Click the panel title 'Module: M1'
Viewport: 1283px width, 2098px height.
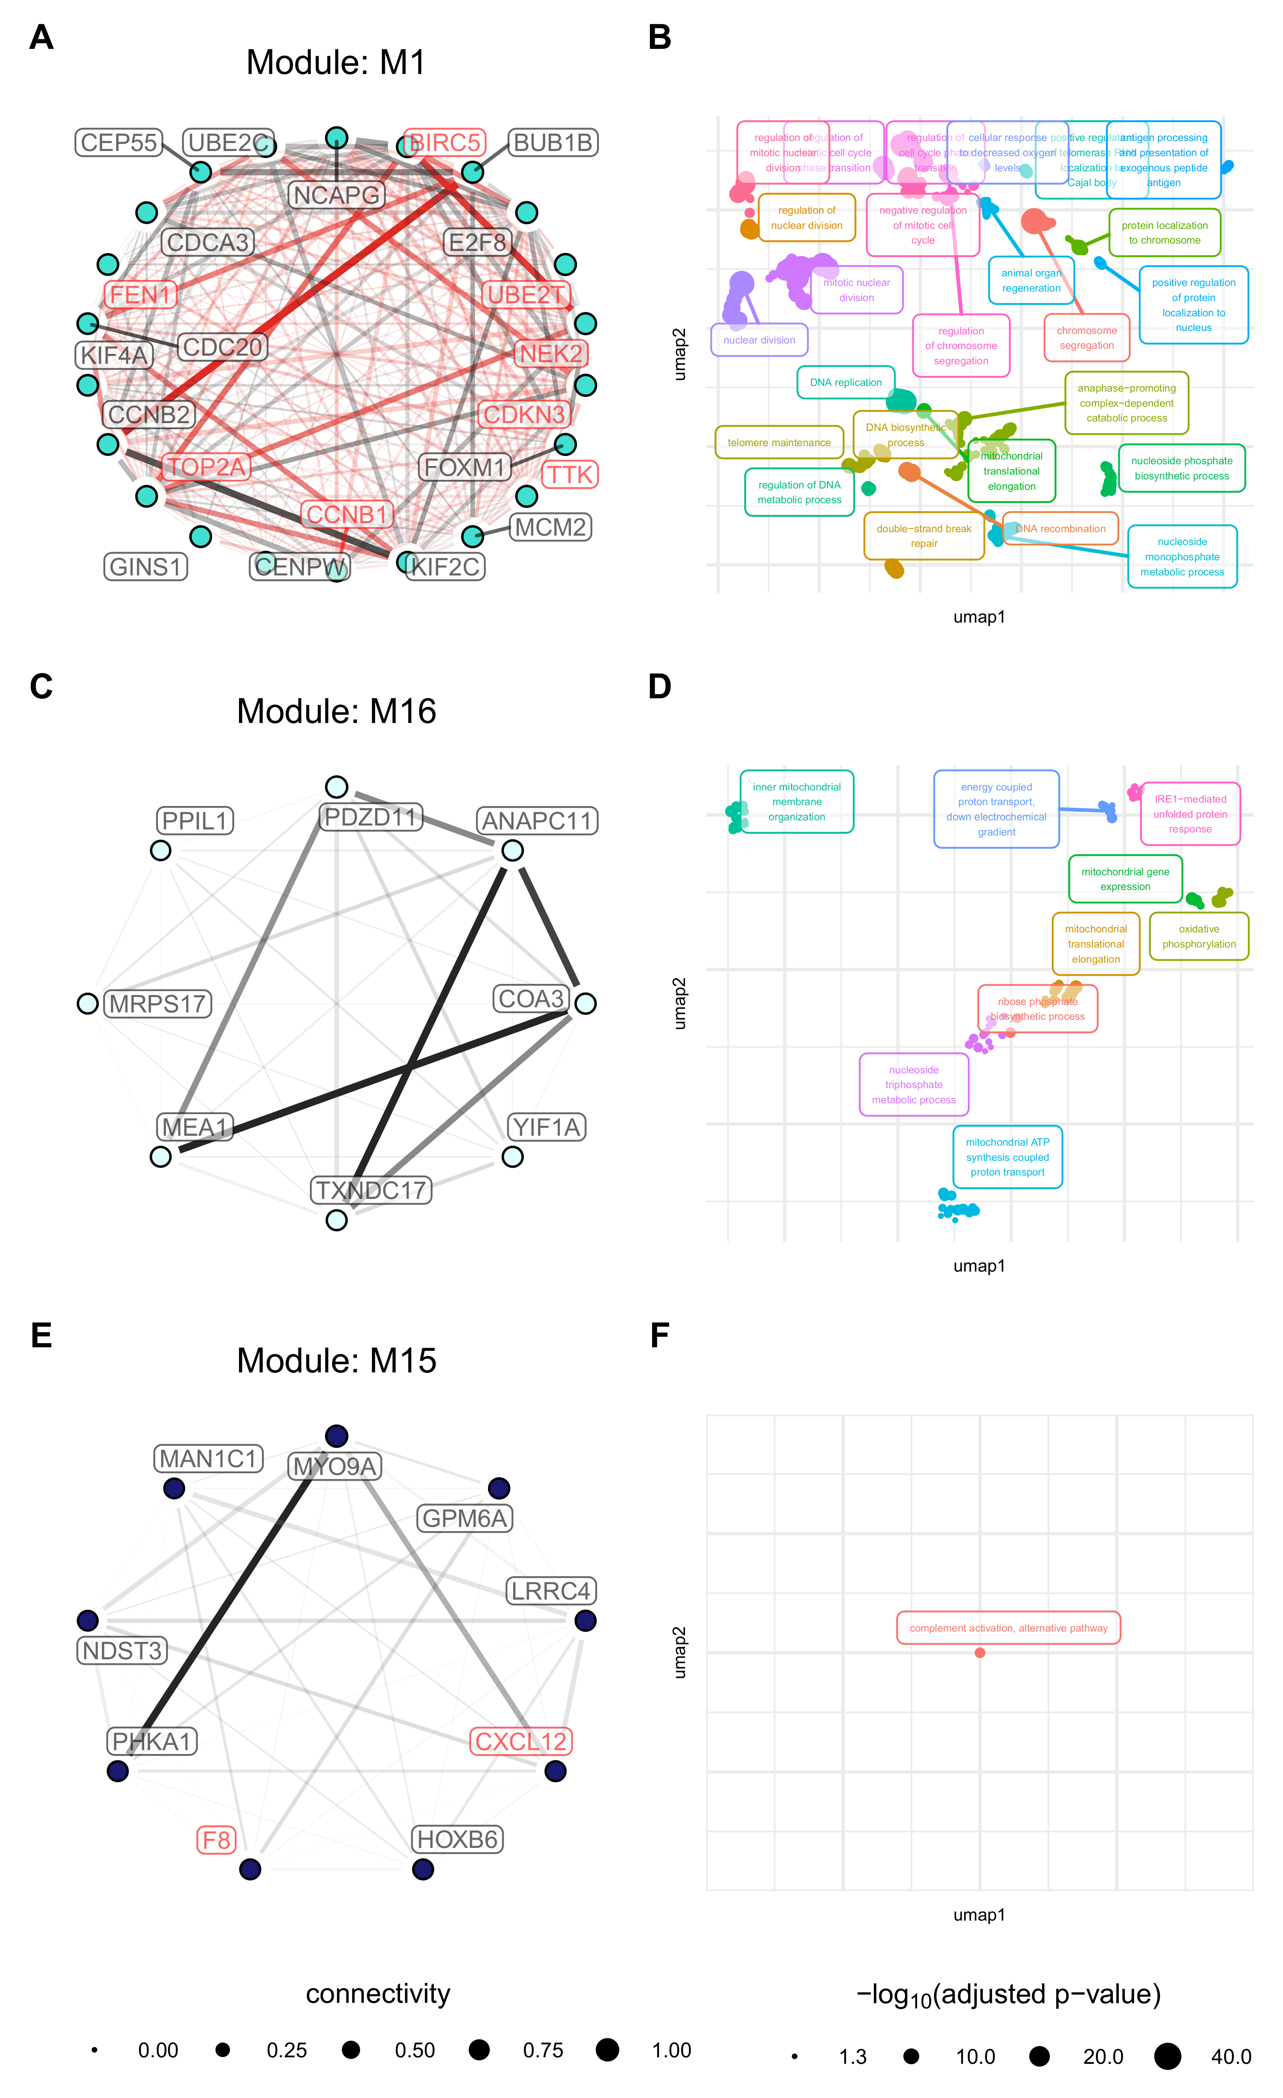click(x=336, y=63)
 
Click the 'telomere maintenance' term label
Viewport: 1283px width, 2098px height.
click(x=779, y=443)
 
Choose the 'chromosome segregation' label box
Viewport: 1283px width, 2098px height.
click(x=1086, y=338)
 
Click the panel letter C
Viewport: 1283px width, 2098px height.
click(x=41, y=686)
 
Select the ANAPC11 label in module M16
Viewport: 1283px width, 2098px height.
click(x=537, y=821)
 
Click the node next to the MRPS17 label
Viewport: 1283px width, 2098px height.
click(x=88, y=1004)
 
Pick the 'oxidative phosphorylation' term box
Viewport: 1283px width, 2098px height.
click(x=1199, y=937)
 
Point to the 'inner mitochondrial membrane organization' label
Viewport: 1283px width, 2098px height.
click(x=797, y=802)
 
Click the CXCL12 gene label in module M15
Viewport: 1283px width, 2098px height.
click(x=520, y=1741)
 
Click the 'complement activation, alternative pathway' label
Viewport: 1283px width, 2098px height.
click(x=1008, y=1628)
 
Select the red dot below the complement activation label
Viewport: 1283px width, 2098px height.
click(x=980, y=1653)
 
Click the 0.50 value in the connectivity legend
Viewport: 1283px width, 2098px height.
click(x=415, y=2050)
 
